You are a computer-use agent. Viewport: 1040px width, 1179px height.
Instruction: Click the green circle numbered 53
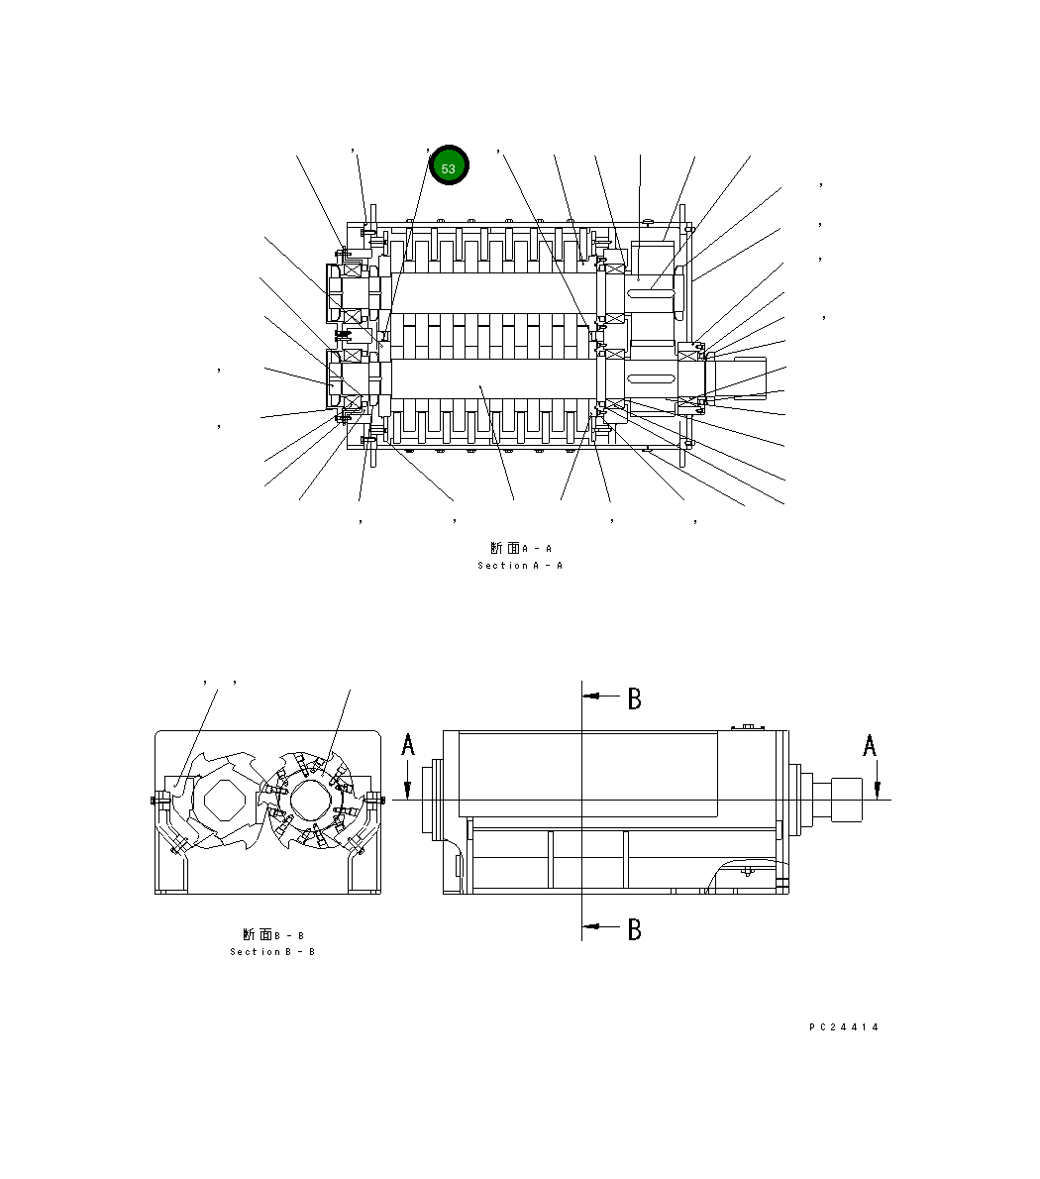click(448, 168)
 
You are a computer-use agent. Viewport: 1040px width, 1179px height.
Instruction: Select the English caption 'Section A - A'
click(520, 566)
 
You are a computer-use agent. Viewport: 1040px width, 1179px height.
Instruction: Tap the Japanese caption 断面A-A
click(520, 548)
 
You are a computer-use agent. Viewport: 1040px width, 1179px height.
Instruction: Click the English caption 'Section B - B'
click(272, 952)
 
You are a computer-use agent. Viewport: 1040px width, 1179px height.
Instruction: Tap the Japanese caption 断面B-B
click(272, 934)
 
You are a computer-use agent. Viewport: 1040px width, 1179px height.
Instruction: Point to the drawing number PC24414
click(844, 1027)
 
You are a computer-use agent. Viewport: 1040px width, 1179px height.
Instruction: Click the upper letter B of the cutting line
click(634, 698)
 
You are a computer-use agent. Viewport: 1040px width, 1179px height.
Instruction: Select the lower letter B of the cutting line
click(634, 929)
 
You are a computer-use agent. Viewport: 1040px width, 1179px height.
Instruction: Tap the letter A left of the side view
click(408, 745)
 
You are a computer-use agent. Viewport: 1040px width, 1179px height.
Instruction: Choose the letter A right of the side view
click(870, 745)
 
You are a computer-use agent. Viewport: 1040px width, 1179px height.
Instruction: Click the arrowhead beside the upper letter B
click(590, 697)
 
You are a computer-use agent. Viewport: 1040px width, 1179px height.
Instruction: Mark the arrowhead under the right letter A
click(877, 789)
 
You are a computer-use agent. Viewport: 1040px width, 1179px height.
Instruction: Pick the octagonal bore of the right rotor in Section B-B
click(312, 799)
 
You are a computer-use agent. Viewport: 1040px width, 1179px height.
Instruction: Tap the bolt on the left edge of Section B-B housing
click(156, 800)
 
